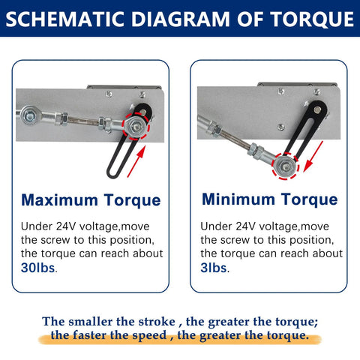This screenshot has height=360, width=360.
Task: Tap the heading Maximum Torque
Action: pyautogui.click(x=91, y=200)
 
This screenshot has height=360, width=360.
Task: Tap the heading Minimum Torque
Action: pyautogui.click(x=269, y=199)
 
